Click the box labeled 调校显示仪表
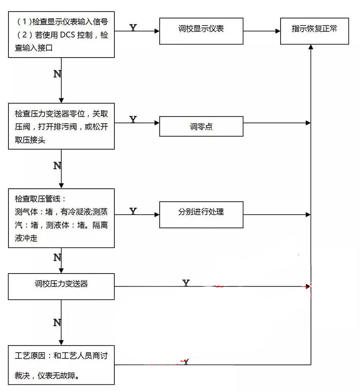201,31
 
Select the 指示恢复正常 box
314,31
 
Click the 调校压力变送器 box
61,284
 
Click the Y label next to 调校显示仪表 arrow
133,28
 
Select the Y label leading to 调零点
133,119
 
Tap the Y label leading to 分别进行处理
133,211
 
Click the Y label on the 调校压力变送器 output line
186,283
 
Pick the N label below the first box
57,74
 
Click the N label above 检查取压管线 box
57,166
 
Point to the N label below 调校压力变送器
57,323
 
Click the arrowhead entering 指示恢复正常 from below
311,47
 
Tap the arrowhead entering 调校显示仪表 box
157,31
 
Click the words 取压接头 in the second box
30,140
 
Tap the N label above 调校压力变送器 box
57,257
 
